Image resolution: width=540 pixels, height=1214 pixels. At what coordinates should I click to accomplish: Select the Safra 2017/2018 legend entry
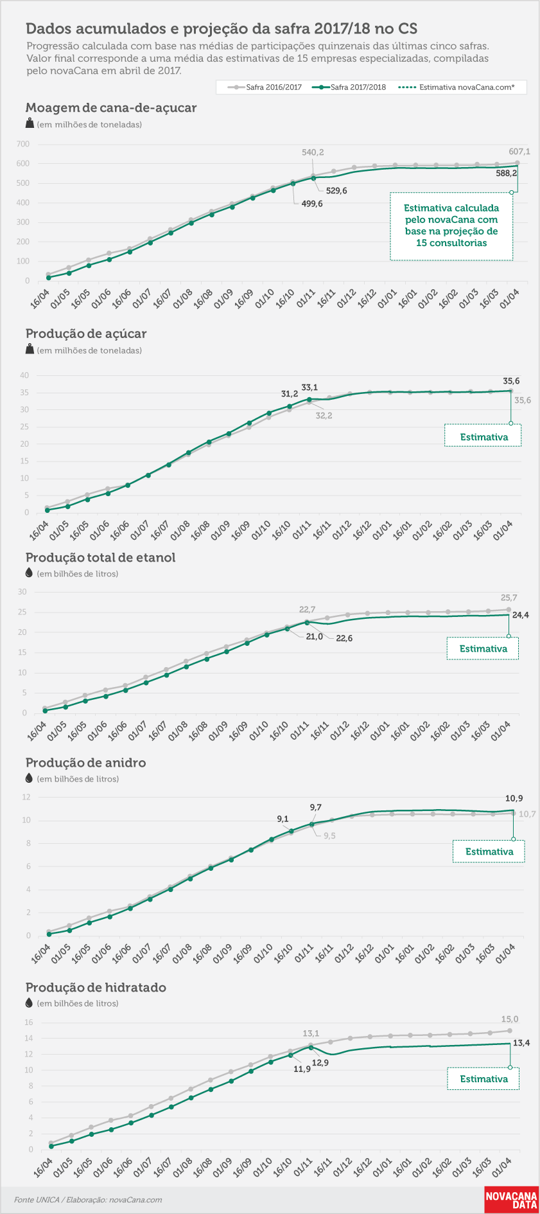(x=349, y=87)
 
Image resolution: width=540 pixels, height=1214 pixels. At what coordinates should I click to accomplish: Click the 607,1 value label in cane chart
(x=519, y=152)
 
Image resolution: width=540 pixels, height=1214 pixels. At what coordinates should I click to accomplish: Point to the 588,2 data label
(x=506, y=173)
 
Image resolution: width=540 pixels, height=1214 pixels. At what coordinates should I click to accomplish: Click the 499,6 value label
(x=312, y=204)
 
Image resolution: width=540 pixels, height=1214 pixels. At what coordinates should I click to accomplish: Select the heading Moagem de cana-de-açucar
(x=111, y=108)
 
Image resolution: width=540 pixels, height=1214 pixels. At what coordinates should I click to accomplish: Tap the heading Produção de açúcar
(x=86, y=334)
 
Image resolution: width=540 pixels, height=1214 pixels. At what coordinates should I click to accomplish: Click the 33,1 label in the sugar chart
(x=309, y=388)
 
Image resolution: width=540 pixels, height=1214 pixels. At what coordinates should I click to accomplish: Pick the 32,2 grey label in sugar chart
(x=324, y=416)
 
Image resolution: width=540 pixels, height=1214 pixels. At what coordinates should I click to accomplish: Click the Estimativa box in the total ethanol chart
(x=483, y=648)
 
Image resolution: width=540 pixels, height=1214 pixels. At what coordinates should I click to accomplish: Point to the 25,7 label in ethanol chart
(x=509, y=598)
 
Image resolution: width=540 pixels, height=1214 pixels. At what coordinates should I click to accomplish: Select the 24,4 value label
(x=521, y=615)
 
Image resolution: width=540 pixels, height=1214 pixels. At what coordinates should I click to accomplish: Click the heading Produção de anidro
(x=85, y=763)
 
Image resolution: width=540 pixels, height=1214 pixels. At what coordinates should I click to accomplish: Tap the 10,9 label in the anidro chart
(x=514, y=798)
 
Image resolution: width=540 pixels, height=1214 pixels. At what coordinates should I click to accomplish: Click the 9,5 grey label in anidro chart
(x=329, y=835)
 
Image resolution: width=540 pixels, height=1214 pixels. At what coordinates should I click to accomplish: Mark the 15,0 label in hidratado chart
(x=510, y=1019)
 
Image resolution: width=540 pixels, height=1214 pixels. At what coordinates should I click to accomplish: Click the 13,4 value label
(x=521, y=1043)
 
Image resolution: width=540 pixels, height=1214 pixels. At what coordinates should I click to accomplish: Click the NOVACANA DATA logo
(x=511, y=1200)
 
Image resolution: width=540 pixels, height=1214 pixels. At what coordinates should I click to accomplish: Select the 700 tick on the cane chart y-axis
(x=23, y=144)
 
